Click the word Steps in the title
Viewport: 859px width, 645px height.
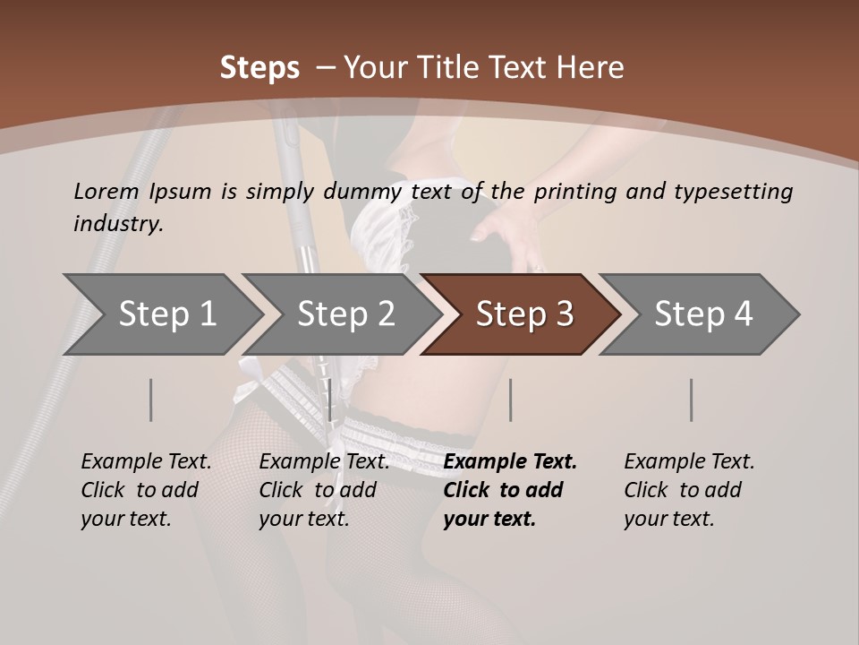click(259, 68)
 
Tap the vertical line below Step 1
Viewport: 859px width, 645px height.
click(151, 400)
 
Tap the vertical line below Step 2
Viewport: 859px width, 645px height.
click(331, 400)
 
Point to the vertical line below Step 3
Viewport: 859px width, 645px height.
click(511, 400)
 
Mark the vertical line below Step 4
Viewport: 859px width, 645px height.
click(692, 400)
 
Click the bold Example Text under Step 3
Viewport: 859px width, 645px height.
click(510, 490)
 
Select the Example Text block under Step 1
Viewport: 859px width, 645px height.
click(146, 490)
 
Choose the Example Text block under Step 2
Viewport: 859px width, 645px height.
click(324, 490)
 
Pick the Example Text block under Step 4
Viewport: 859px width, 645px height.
click(689, 490)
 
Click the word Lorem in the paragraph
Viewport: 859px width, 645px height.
click(106, 192)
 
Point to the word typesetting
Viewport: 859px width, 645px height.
click(733, 192)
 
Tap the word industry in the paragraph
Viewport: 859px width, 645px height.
click(117, 224)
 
